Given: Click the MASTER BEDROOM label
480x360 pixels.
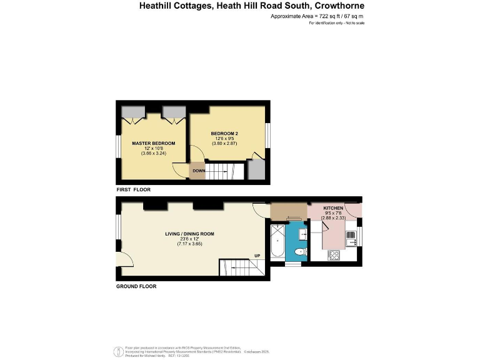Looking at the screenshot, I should [153, 143].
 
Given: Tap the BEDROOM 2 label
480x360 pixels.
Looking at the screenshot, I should [224, 133].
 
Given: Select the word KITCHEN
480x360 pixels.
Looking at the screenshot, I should [333, 207].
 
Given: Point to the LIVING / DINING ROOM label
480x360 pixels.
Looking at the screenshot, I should [189, 234].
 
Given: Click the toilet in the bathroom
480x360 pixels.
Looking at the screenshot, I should [299, 252].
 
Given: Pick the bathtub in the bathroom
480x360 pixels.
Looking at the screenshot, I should [276, 244].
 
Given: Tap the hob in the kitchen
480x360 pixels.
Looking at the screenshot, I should [334, 255].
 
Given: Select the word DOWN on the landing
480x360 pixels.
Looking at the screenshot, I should [198, 171].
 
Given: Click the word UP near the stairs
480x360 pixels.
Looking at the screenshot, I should [257, 255].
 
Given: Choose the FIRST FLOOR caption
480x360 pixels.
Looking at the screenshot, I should [133, 189].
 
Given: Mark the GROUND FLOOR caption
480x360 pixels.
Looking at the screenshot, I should [136, 286].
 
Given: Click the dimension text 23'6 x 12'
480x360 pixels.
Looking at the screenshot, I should [189, 239].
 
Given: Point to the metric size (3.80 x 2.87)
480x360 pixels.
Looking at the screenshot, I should [224, 143].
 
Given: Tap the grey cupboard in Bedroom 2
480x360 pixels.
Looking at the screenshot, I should [256, 169].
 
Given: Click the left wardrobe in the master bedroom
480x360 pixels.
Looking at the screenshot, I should [132, 112].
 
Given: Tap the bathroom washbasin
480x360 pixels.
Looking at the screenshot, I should [302, 234].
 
